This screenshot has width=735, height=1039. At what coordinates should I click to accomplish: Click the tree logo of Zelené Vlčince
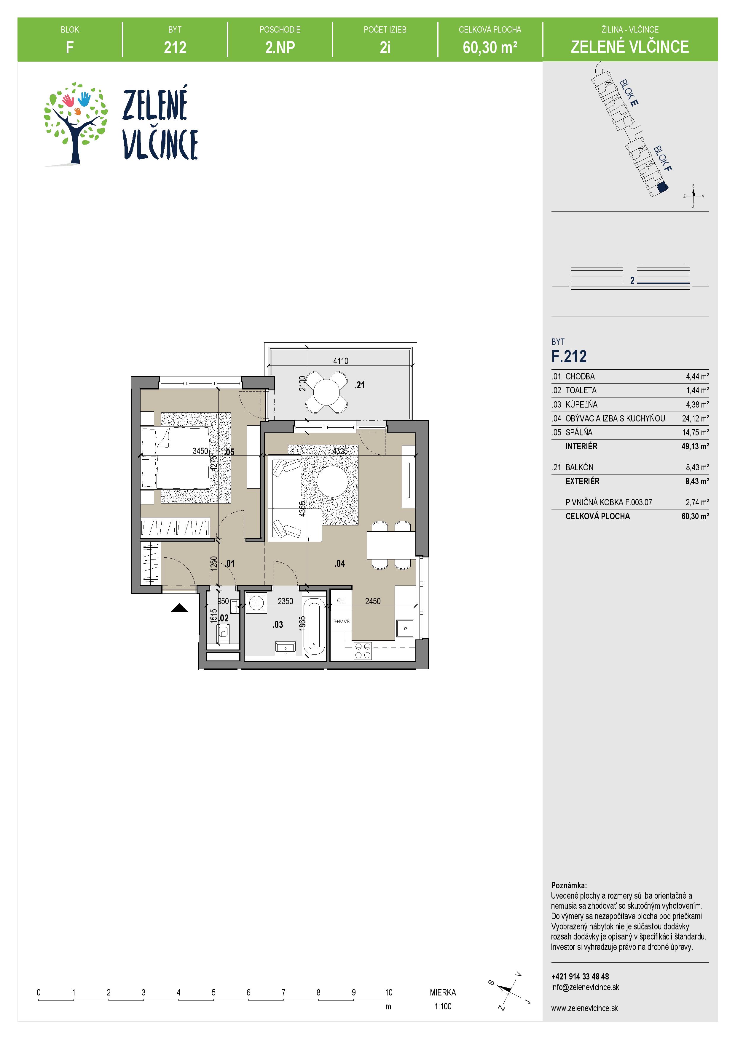tap(76, 123)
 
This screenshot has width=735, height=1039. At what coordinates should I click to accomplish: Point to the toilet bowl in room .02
tap(223, 632)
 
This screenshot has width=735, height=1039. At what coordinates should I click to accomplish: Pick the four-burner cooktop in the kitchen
tap(362, 650)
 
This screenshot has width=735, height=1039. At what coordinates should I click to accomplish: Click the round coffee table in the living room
tap(332, 481)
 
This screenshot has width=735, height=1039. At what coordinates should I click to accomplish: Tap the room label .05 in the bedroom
tap(229, 452)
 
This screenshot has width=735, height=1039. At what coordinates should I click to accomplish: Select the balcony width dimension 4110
tap(341, 361)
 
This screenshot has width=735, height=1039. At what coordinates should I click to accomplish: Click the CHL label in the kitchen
tap(342, 600)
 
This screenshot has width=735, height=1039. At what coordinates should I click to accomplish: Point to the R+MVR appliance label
tap(342, 621)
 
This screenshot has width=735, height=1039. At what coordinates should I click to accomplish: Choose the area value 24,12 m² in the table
tap(695, 419)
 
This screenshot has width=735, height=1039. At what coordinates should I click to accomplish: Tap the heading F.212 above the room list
tap(569, 357)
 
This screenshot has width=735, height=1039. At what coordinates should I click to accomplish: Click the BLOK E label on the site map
tap(629, 92)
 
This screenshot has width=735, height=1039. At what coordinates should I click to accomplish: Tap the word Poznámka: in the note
tap(569, 885)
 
